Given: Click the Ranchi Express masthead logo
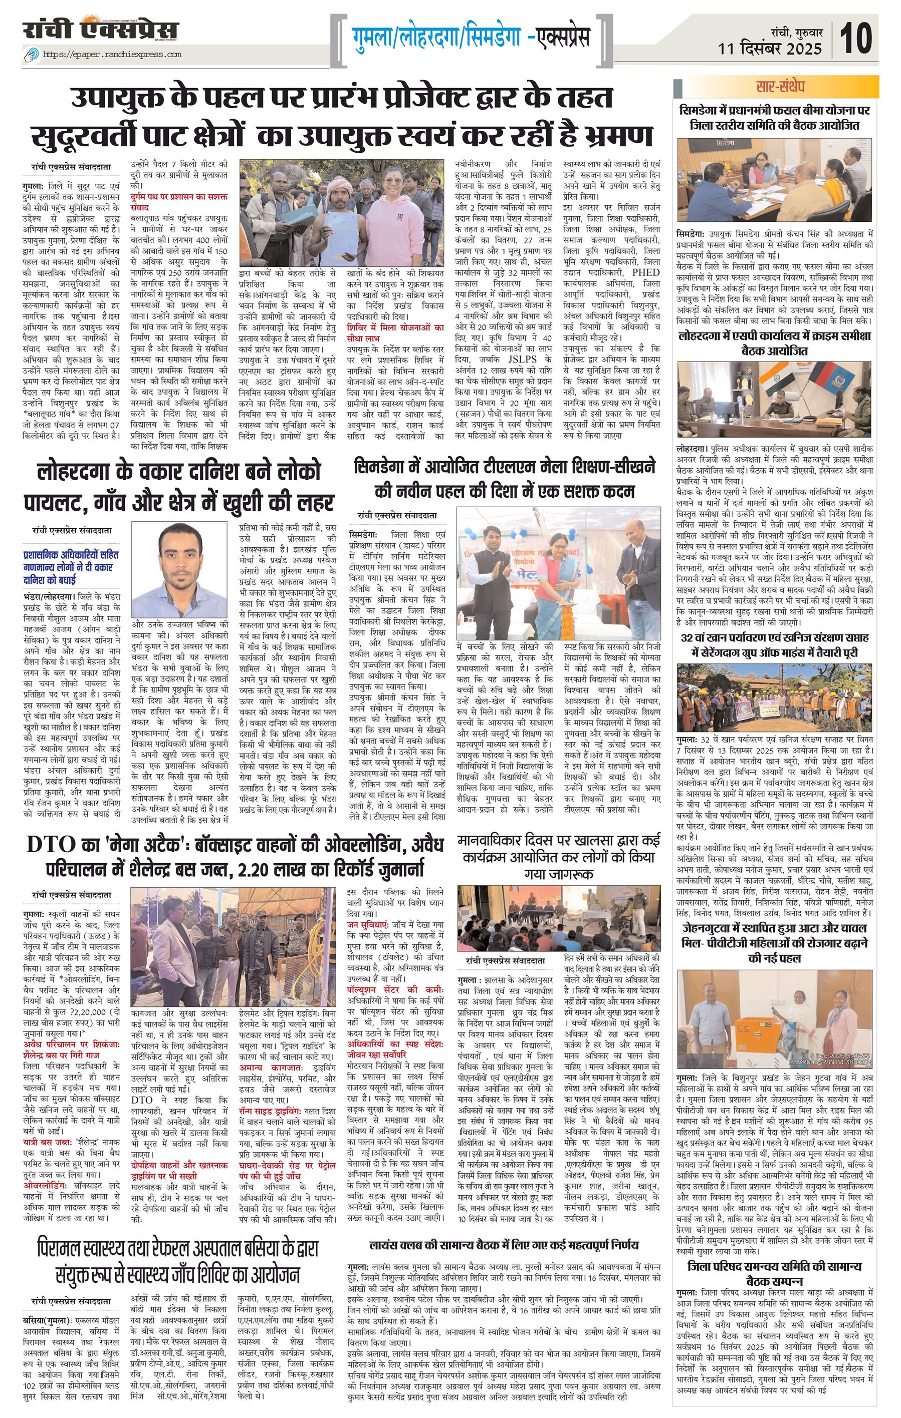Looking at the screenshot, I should pos(101,31).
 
